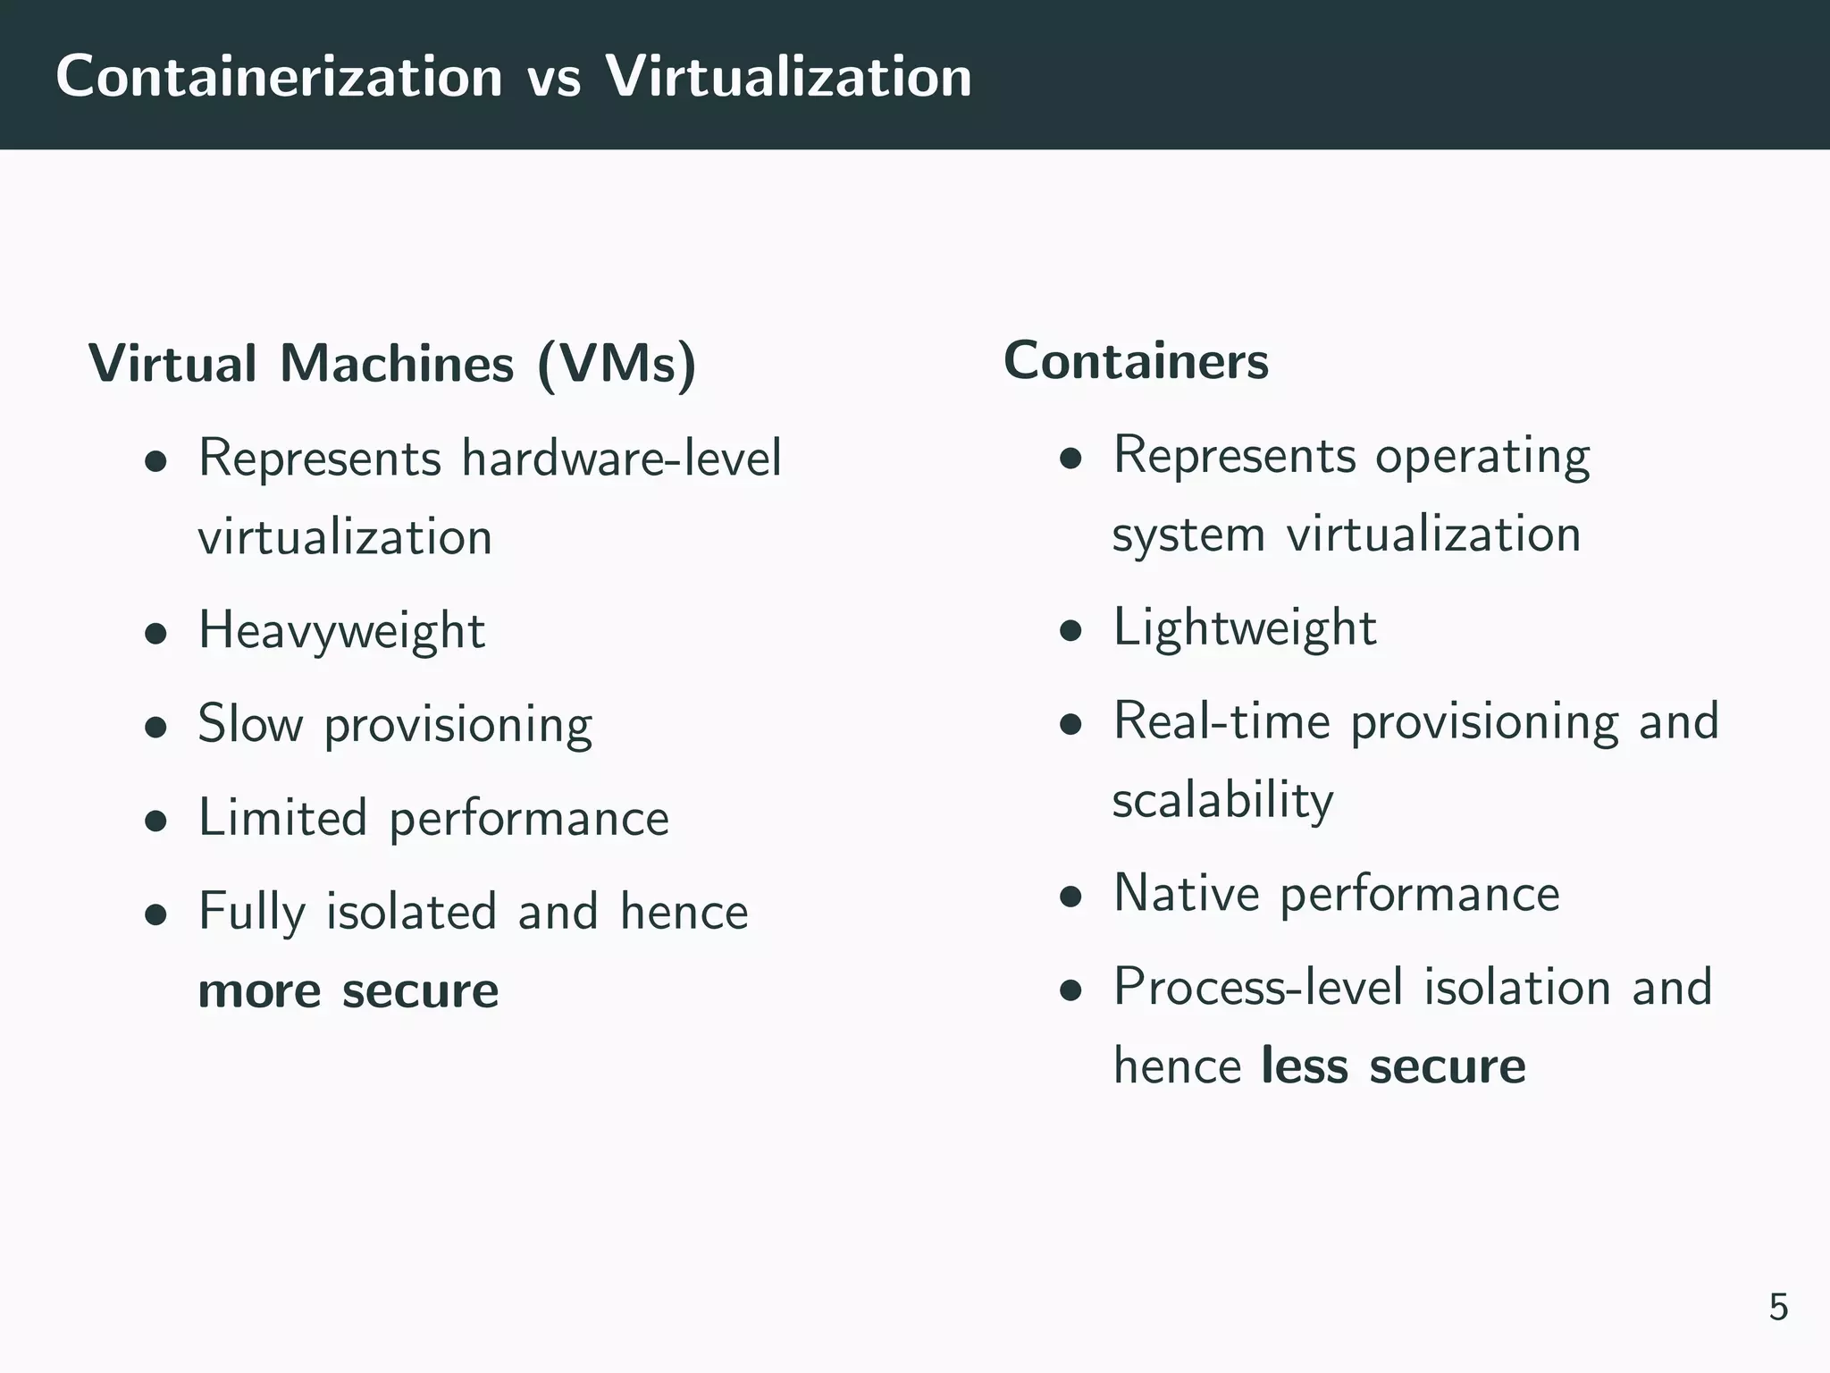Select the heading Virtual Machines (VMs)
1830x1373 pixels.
click(x=392, y=364)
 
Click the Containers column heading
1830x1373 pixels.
click(x=1136, y=361)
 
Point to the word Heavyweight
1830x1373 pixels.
click(x=341, y=631)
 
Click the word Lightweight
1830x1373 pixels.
click(x=1245, y=628)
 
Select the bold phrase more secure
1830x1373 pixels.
click(x=348, y=990)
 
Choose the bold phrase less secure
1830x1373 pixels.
click(x=1393, y=1066)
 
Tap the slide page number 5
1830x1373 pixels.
click(x=1778, y=1307)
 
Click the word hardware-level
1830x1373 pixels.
click(x=621, y=458)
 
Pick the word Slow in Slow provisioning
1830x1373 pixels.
click(x=250, y=724)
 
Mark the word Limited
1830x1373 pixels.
click(x=282, y=818)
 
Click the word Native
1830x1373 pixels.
click(x=1186, y=893)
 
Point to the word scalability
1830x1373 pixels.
click(x=1222, y=801)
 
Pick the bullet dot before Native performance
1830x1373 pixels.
click(x=1071, y=897)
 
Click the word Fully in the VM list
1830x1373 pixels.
click(x=252, y=913)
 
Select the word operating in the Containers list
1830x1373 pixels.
click(x=1482, y=458)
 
